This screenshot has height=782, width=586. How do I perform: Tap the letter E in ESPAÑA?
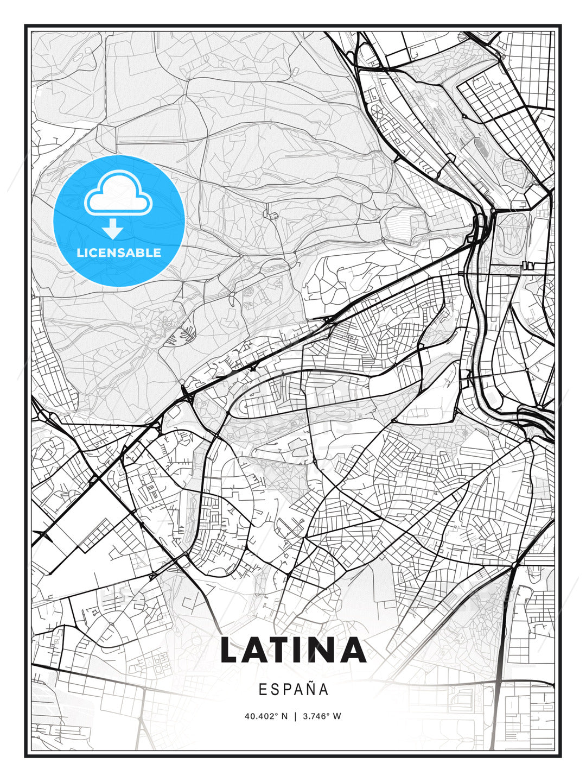click(263, 689)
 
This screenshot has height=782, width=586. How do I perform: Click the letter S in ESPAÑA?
click(275, 689)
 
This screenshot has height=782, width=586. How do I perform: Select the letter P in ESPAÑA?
click(286, 689)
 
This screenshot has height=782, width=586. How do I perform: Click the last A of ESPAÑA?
click(324, 689)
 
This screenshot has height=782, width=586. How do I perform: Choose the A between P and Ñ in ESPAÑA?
click(298, 689)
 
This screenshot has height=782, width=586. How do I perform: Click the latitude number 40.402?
click(260, 716)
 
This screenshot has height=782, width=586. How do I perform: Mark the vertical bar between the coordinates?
click(295, 716)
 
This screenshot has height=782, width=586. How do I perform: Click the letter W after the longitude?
click(337, 716)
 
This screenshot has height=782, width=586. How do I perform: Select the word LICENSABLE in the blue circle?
click(119, 253)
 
